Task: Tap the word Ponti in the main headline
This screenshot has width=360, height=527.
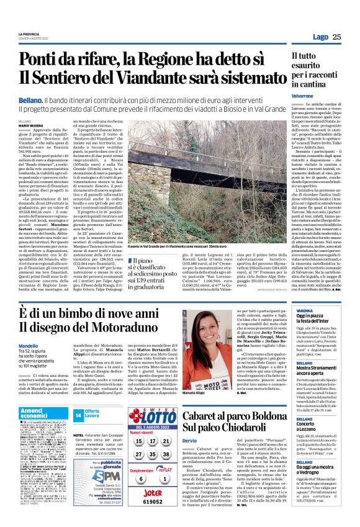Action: [x=42, y=61]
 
